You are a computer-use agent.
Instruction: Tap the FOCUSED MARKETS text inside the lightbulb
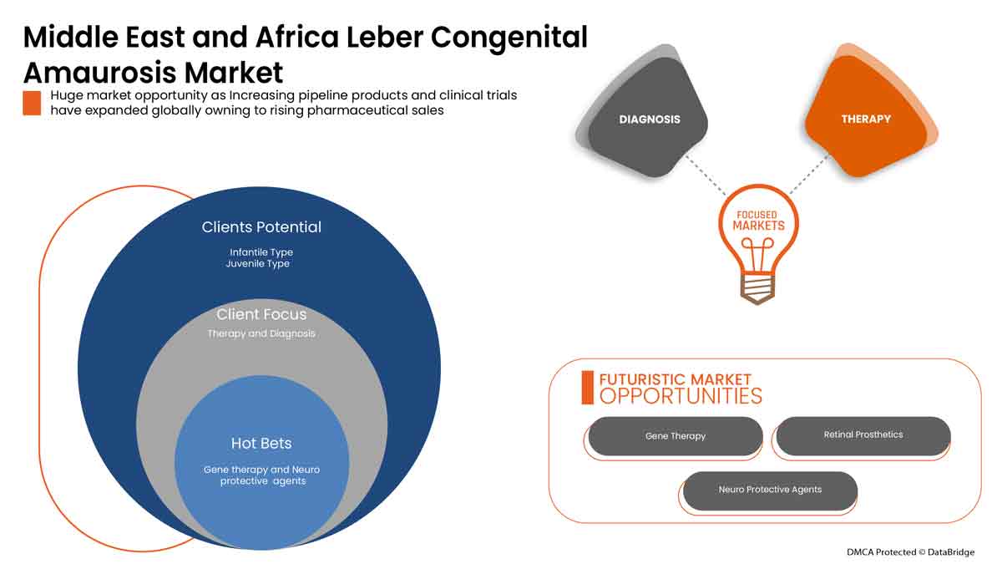tap(758, 221)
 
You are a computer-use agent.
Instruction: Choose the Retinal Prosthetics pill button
tap(863, 435)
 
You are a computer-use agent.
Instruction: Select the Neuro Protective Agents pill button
tap(770, 490)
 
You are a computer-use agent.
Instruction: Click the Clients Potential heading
tap(261, 227)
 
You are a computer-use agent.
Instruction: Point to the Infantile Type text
tap(261, 252)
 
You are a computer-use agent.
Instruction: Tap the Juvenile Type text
tap(257, 264)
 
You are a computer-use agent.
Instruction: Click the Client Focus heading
tap(261, 315)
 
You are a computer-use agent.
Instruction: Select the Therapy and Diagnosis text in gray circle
tap(261, 334)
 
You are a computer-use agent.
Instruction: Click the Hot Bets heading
tap(261, 443)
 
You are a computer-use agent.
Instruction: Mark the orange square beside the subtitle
tap(32, 103)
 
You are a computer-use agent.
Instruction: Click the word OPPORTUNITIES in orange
tap(681, 396)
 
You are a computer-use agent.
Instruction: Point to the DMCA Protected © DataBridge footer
tap(909, 551)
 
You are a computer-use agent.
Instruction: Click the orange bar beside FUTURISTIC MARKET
tap(587, 387)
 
